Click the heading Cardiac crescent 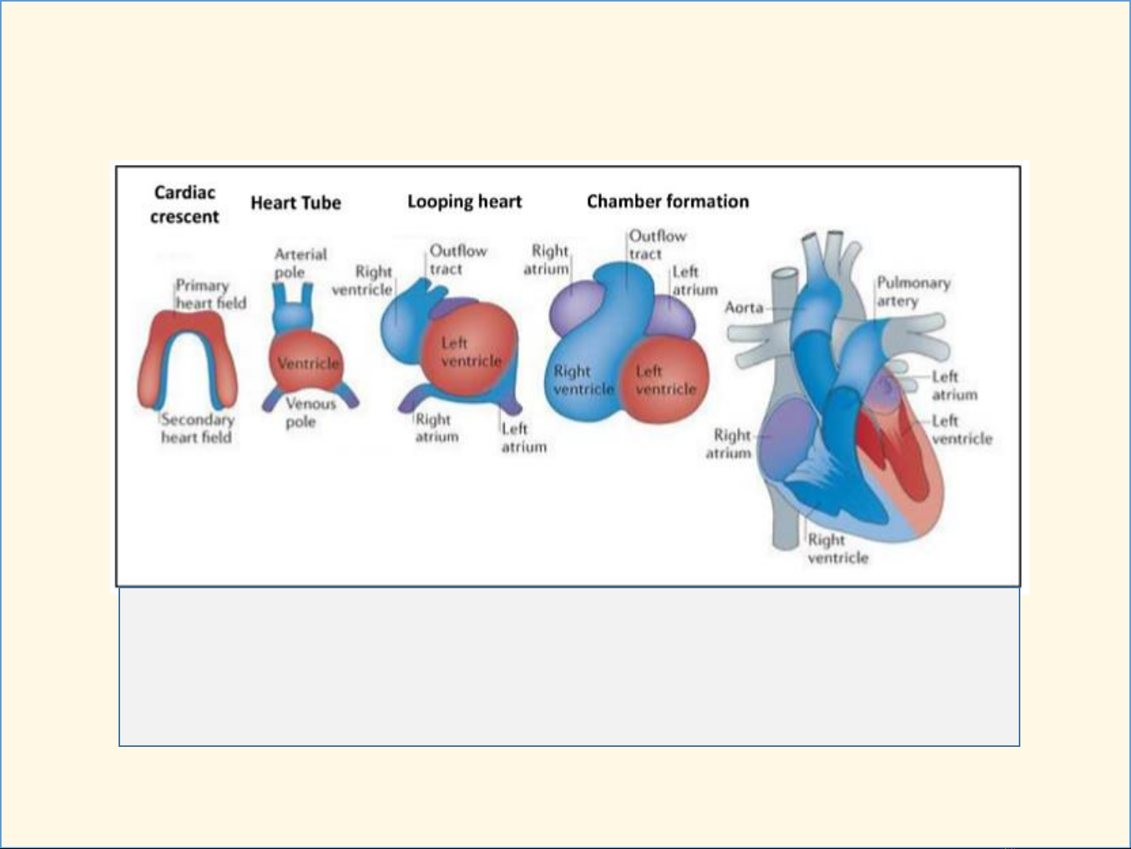(184, 205)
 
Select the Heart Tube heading (296, 203)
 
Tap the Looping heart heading (464, 202)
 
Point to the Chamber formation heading (668, 201)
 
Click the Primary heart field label (210, 294)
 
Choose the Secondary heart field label (197, 428)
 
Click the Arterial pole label (301, 263)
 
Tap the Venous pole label (311, 412)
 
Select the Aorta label (743, 308)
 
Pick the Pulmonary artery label (914, 291)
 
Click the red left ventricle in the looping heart (469, 349)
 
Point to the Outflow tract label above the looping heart (458, 260)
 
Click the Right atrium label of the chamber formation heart (546, 260)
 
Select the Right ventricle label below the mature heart (837, 548)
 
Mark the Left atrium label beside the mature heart (954, 386)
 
